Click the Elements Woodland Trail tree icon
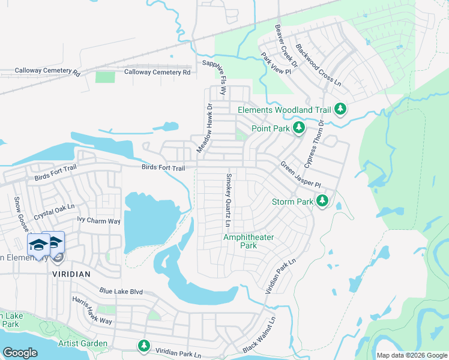click(x=341, y=110)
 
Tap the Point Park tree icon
click(x=298, y=128)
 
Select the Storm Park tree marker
click(x=322, y=201)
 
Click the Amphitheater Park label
click(x=249, y=241)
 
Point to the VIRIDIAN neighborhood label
click(x=71, y=274)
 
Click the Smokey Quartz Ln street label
click(x=228, y=200)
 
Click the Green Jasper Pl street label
click(x=301, y=174)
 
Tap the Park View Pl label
click(x=276, y=64)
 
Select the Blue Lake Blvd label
click(x=121, y=292)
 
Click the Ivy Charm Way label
click(x=99, y=221)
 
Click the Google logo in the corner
click(x=20, y=352)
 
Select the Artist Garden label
click(x=83, y=344)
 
